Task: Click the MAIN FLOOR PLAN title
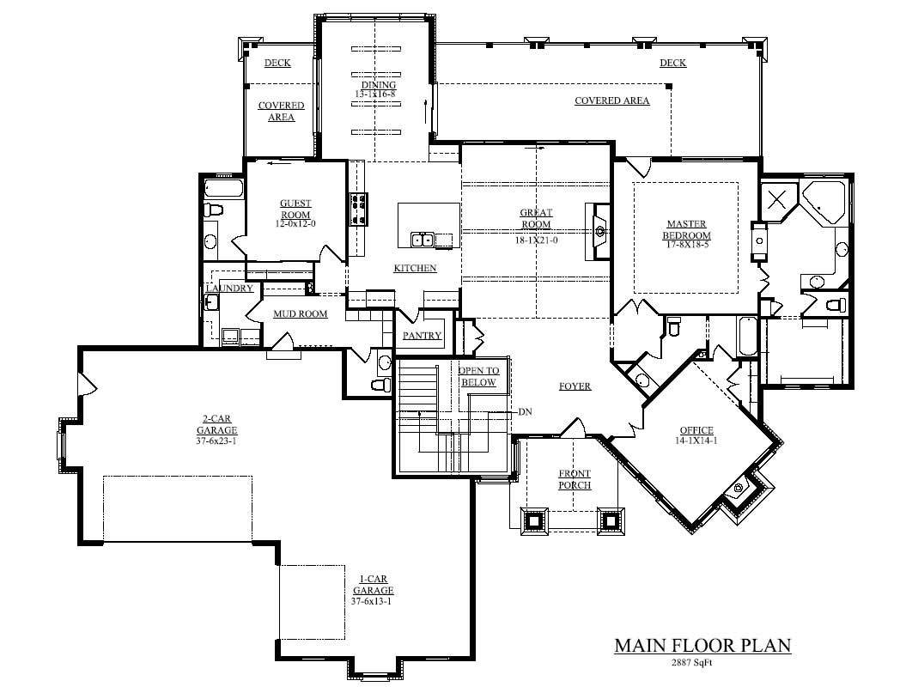702,646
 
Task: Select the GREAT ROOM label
536,218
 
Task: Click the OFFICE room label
696,431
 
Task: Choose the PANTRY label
422,336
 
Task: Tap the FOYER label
575,386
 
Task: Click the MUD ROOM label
300,314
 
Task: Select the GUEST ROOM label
295,209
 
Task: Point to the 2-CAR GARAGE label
216,426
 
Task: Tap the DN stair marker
525,412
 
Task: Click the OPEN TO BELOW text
478,377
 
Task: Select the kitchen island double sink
422,239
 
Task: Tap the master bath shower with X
777,200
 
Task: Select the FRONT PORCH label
575,479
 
